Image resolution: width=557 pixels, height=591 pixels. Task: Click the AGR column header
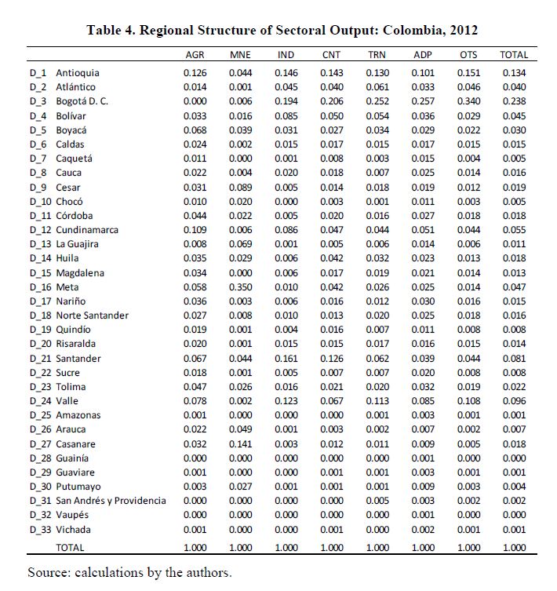(x=195, y=56)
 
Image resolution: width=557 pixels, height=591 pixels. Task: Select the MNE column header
(x=240, y=56)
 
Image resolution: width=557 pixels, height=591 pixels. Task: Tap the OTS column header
(x=468, y=56)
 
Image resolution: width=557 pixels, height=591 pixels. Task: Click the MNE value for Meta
(x=240, y=287)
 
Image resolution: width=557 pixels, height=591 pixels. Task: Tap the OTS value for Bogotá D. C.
(x=468, y=101)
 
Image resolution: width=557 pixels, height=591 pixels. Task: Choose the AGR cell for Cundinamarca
(x=195, y=230)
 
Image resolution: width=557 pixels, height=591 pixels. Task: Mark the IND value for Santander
(x=286, y=359)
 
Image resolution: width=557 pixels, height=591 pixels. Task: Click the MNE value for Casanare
(x=240, y=443)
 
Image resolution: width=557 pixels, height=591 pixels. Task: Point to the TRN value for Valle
(x=377, y=401)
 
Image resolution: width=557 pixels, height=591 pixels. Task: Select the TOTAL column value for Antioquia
(x=514, y=73)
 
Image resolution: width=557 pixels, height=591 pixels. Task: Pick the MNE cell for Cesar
(x=240, y=187)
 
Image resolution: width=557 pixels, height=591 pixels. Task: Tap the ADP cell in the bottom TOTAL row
(x=423, y=548)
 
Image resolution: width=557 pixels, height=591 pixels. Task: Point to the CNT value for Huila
(x=331, y=258)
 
